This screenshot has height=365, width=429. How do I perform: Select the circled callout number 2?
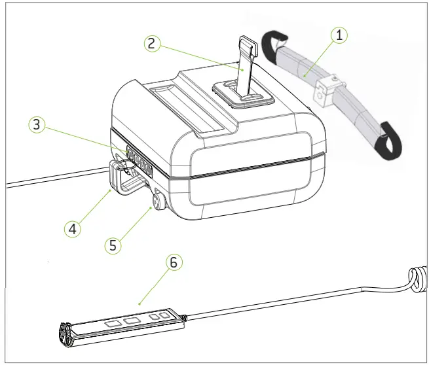[151, 44]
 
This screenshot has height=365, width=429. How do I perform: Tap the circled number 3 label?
[38, 126]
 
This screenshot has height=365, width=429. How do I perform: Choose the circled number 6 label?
[173, 262]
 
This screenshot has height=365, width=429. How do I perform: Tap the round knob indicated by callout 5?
[159, 198]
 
